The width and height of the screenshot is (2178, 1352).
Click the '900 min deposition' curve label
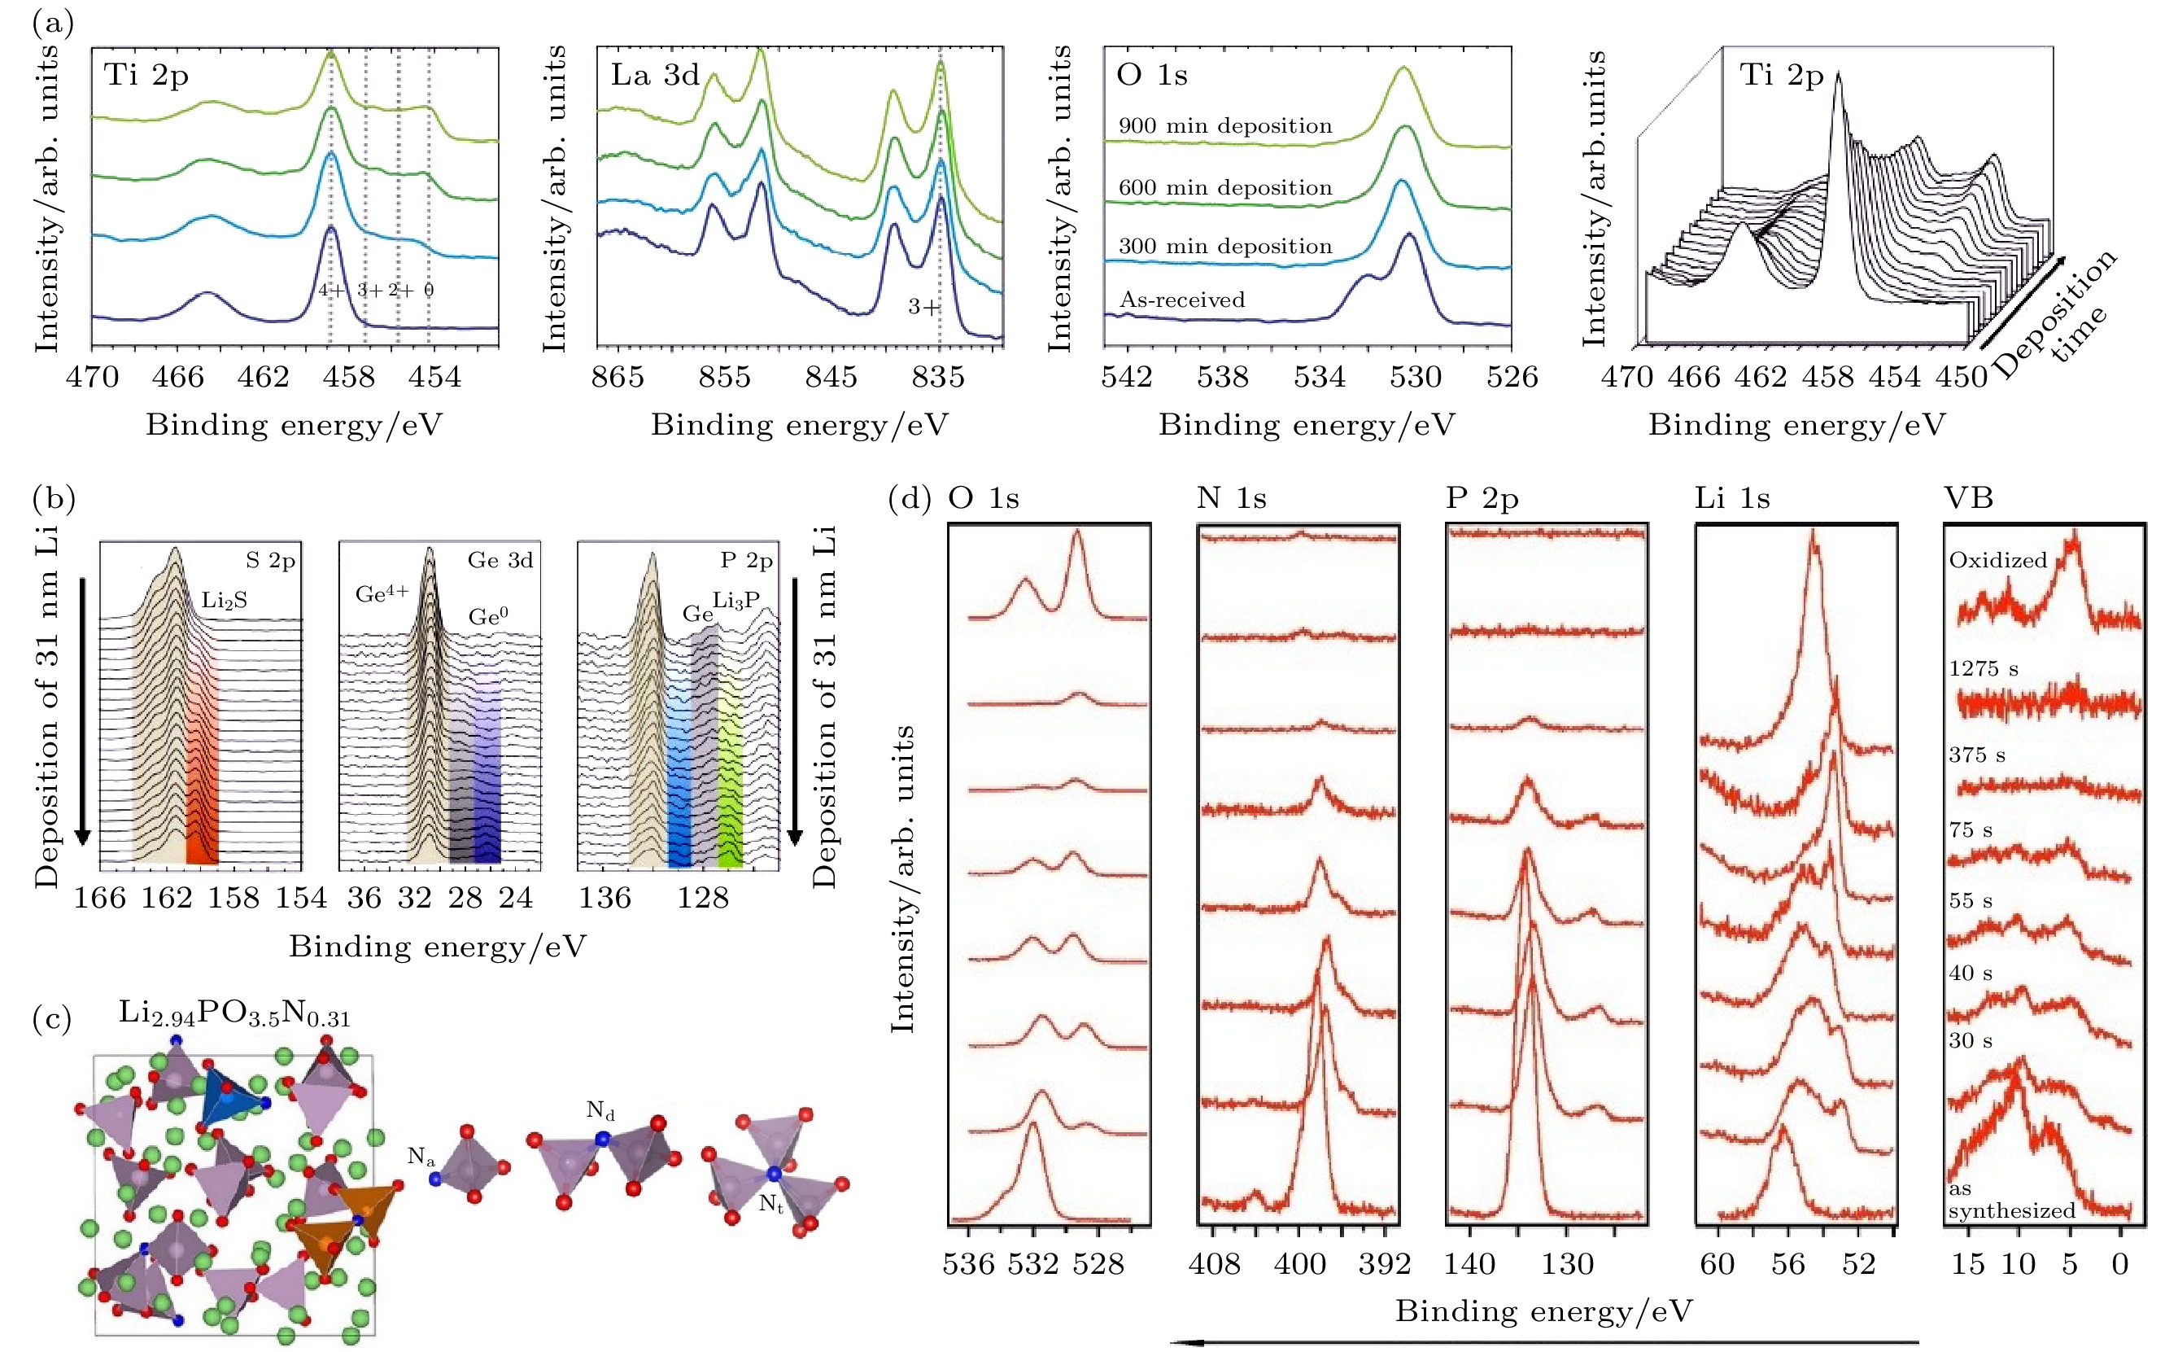tap(1224, 126)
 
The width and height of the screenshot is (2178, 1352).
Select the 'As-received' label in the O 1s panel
tap(1181, 300)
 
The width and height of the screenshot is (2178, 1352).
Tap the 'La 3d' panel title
tap(655, 75)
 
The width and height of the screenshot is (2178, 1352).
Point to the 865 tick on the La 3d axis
tap(618, 376)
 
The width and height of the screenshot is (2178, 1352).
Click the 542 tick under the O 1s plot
tap(1127, 376)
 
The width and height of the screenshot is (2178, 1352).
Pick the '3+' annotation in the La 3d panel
tap(924, 308)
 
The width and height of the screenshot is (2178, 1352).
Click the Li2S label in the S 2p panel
tap(224, 601)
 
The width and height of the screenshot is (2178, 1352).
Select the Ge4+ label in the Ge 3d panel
tap(382, 593)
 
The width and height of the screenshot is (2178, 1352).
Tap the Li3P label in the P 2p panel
tap(735, 601)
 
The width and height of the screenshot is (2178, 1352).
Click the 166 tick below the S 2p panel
tap(99, 897)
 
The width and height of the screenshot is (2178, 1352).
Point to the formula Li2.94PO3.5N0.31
tap(234, 1014)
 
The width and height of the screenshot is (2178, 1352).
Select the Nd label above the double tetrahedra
tap(600, 1111)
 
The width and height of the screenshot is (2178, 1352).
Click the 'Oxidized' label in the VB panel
tap(1997, 561)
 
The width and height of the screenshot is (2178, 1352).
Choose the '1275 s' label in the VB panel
tap(1984, 669)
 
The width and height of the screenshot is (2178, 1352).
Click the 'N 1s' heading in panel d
tap(1231, 498)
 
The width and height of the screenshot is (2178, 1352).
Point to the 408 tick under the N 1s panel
tap(1215, 1263)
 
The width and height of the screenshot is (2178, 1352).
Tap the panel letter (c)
tap(52, 1019)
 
